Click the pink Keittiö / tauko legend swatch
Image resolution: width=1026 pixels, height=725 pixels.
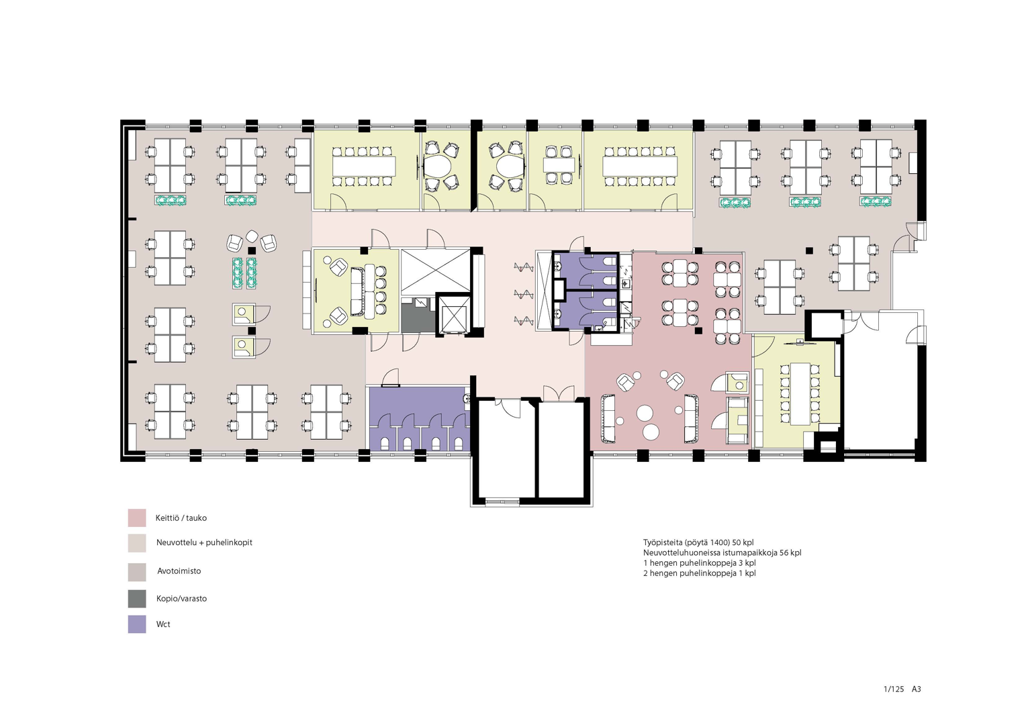pyautogui.click(x=137, y=518)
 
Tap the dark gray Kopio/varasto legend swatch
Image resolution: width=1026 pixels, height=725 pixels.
pyautogui.click(x=137, y=599)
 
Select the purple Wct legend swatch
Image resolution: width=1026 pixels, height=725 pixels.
pyautogui.click(x=137, y=624)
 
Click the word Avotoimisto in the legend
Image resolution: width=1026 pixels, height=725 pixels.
pyautogui.click(x=179, y=571)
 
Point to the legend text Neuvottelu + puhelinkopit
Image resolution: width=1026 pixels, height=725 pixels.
pyautogui.click(x=204, y=542)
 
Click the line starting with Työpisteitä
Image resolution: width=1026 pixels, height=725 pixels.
pyautogui.click(x=698, y=542)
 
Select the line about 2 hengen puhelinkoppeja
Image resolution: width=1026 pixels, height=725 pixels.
pyautogui.click(x=700, y=573)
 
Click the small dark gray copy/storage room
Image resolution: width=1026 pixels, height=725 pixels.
pyautogui.click(x=418, y=315)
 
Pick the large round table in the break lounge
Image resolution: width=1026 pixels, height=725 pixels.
pyautogui.click(x=645, y=413)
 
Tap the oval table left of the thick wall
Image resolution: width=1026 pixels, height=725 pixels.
pyautogui.click(x=438, y=166)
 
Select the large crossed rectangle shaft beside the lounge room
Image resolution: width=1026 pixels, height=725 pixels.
pyautogui.click(x=436, y=272)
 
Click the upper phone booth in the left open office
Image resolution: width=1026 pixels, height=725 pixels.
pyautogui.click(x=243, y=313)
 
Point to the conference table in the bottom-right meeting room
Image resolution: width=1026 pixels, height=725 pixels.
pyautogui.click(x=800, y=393)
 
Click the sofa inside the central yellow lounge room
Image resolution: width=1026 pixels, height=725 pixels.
pyautogui.click(x=357, y=292)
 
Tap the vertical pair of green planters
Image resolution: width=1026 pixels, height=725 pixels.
pyautogui.click(x=244, y=273)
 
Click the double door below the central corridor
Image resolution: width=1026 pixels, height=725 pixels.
pyautogui.click(x=559, y=393)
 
